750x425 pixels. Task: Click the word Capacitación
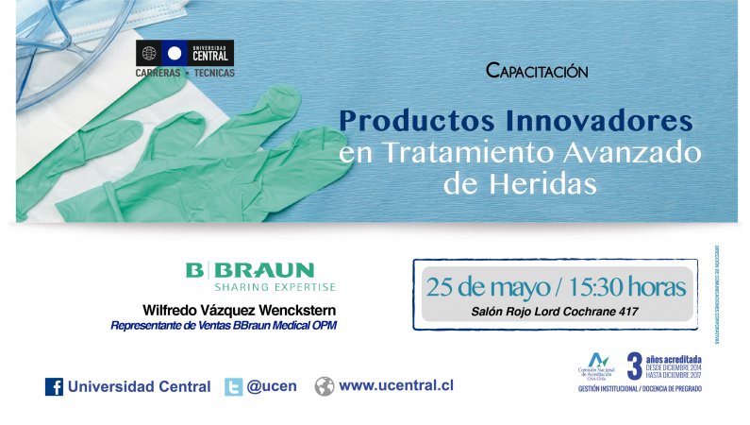coord(537,71)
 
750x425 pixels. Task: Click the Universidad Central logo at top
coord(185,52)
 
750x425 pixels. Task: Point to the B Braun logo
coord(250,269)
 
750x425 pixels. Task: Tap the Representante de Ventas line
coord(224,326)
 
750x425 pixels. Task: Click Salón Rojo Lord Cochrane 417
coord(554,311)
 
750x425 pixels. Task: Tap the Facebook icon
coord(54,386)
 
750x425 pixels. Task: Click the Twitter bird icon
coord(233,386)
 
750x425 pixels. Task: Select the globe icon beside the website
coord(325,386)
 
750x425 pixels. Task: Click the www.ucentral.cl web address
coord(395,386)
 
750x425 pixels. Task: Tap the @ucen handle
coord(274,386)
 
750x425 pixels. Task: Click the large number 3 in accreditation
coord(634,366)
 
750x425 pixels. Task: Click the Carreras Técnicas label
coord(185,73)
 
